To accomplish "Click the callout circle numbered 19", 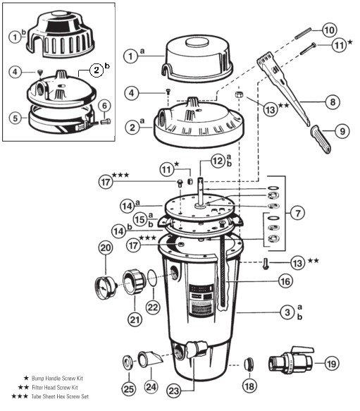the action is click(331, 364).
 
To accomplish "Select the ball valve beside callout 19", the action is click(291, 361).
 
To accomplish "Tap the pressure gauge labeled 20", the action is click(105, 286).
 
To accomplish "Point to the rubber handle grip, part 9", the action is click(321, 139).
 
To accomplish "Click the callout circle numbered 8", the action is click(333, 102).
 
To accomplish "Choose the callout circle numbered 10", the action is click(329, 30).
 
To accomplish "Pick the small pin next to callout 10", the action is click(303, 33).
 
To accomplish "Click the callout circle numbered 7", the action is click(297, 213).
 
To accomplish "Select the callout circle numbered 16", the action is click(285, 281).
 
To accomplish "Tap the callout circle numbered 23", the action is click(174, 391).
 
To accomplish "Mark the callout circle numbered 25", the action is click(129, 388).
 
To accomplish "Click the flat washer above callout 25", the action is click(129, 362).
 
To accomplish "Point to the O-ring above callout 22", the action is click(153, 278).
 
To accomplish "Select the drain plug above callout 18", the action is click(249, 364).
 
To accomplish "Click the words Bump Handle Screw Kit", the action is click(57, 379).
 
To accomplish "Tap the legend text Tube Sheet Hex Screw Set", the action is click(60, 396).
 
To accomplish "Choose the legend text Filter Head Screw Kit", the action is click(55, 387).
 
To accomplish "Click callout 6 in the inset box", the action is click(104, 106).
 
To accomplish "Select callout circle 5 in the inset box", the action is click(15, 118).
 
